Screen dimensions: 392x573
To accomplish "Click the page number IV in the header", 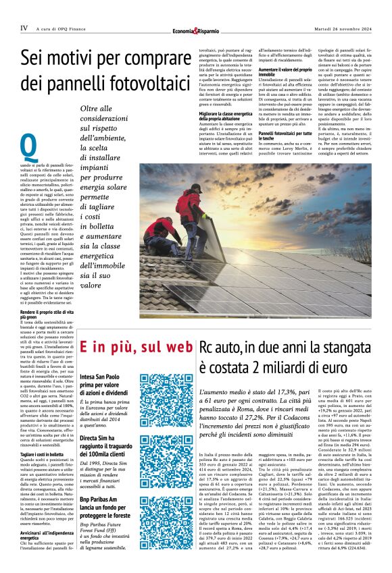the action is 24,28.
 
